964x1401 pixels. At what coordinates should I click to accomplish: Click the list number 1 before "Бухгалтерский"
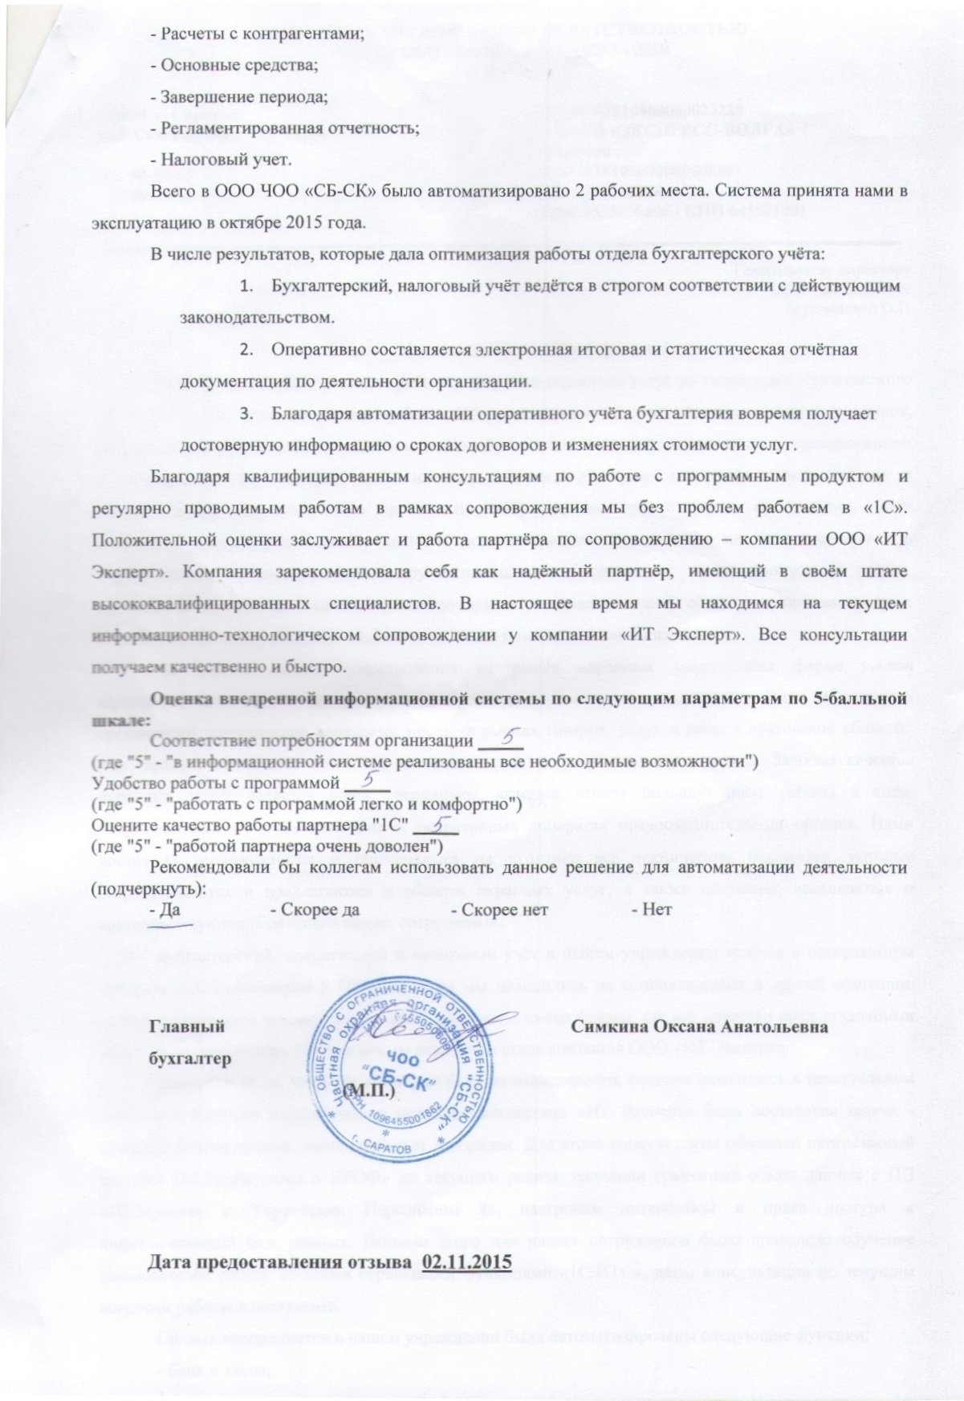(252, 286)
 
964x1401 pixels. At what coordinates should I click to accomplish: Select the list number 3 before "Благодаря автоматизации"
(252, 414)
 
